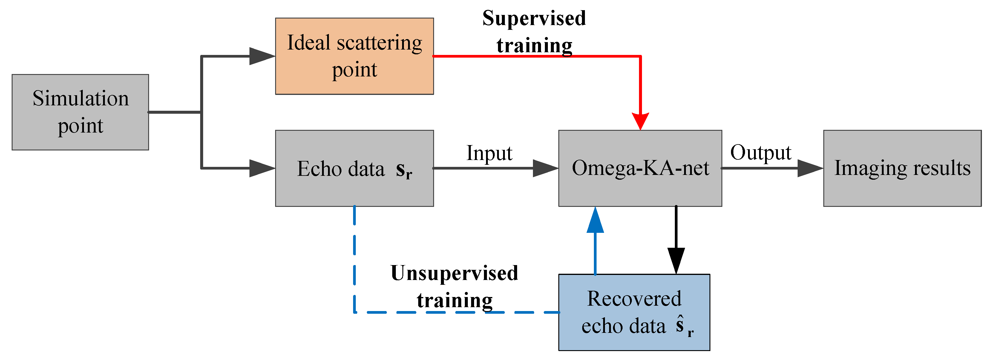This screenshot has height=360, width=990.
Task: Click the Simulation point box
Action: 80,112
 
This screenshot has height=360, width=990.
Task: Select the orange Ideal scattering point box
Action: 354,56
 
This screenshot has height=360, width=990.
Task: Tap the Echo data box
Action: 354,168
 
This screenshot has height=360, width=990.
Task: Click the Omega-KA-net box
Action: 640,168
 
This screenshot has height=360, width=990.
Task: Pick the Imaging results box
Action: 902,168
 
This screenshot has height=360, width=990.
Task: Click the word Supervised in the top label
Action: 534,19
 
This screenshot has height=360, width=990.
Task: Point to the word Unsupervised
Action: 454,273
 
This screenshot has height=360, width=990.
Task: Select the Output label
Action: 760,152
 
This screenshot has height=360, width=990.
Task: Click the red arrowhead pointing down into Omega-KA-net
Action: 640,121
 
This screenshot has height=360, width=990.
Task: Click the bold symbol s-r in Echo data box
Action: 404,170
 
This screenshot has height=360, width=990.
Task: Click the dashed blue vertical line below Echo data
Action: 354,257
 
